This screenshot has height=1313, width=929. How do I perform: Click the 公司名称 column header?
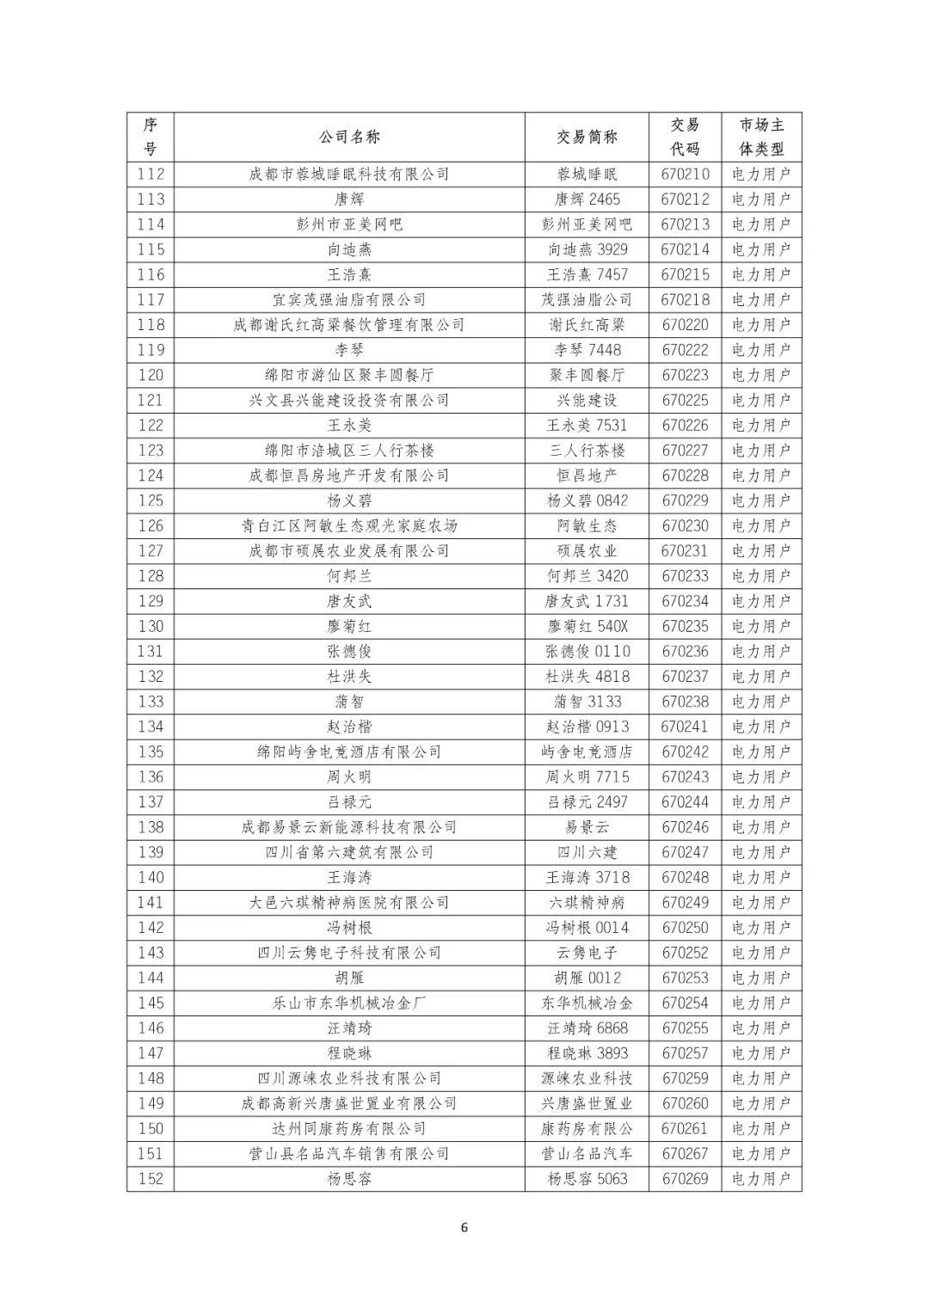click(x=348, y=137)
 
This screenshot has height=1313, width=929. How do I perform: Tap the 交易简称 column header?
click(x=587, y=137)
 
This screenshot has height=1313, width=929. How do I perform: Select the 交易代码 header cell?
click(x=685, y=137)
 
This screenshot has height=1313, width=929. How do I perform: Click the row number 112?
click(x=151, y=174)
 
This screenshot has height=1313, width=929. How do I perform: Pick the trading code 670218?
click(x=685, y=299)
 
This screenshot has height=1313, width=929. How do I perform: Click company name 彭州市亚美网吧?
click(x=348, y=224)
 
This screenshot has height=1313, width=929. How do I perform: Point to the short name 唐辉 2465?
click(x=587, y=199)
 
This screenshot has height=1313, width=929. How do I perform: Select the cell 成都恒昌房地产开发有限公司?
click(x=348, y=476)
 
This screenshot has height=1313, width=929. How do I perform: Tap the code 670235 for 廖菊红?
click(x=685, y=626)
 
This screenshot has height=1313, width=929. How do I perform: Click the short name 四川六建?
click(x=587, y=852)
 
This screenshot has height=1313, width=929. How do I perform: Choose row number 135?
click(x=151, y=752)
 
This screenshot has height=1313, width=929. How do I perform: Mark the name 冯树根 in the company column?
click(x=348, y=928)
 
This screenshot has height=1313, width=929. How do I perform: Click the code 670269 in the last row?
click(x=685, y=1179)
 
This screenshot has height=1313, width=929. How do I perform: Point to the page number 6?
click(x=464, y=1227)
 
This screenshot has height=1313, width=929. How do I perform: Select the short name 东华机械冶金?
click(x=587, y=1003)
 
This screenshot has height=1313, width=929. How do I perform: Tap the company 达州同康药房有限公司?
click(x=348, y=1128)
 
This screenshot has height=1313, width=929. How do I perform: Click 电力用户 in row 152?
click(x=760, y=1179)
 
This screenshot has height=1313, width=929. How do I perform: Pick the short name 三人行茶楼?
click(x=587, y=451)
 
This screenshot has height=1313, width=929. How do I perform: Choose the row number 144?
click(x=151, y=978)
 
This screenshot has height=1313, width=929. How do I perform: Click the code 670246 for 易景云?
click(x=685, y=827)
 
